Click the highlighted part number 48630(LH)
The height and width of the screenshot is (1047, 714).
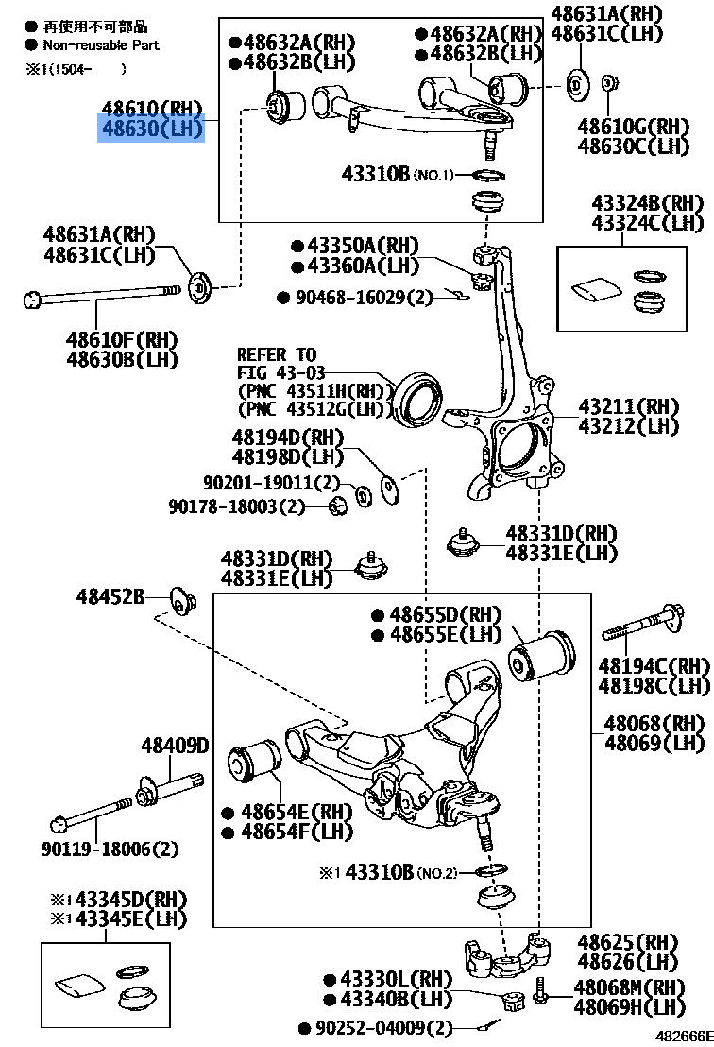151,129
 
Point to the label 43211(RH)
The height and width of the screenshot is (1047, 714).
629,406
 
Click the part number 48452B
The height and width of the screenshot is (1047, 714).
110,596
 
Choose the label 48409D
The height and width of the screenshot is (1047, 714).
175,747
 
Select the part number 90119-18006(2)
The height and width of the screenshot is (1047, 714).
110,849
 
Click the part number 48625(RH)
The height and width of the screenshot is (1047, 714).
628,942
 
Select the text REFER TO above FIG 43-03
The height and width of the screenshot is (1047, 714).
277,355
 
